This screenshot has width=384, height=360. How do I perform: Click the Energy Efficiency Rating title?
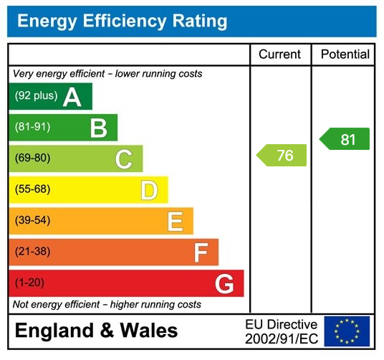click(x=122, y=22)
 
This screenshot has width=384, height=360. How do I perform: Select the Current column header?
click(x=280, y=55)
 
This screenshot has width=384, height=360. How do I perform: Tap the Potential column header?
click(x=345, y=55)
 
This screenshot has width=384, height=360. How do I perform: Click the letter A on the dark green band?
click(x=72, y=97)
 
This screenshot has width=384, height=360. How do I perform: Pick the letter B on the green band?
click(x=98, y=128)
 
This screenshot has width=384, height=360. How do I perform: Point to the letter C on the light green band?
click(x=123, y=159)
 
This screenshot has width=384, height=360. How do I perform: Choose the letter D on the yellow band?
click(x=148, y=190)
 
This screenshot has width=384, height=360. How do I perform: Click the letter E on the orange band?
click(x=175, y=222)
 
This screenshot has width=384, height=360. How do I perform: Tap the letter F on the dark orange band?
click(x=201, y=252)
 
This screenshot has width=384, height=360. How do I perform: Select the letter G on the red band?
click(x=225, y=284)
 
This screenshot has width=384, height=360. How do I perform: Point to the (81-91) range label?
click(x=32, y=128)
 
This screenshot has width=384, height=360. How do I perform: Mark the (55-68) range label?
click(x=32, y=190)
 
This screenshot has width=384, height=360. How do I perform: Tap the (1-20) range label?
click(x=29, y=283)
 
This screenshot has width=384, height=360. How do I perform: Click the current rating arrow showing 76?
click(x=282, y=156)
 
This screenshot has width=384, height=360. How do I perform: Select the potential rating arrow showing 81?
click(x=345, y=139)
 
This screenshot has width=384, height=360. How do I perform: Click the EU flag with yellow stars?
click(x=347, y=331)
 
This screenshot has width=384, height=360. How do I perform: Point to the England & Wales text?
click(x=96, y=331)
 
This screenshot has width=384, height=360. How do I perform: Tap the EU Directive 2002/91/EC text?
click(x=281, y=331)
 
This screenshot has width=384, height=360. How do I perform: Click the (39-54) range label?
click(x=32, y=221)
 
